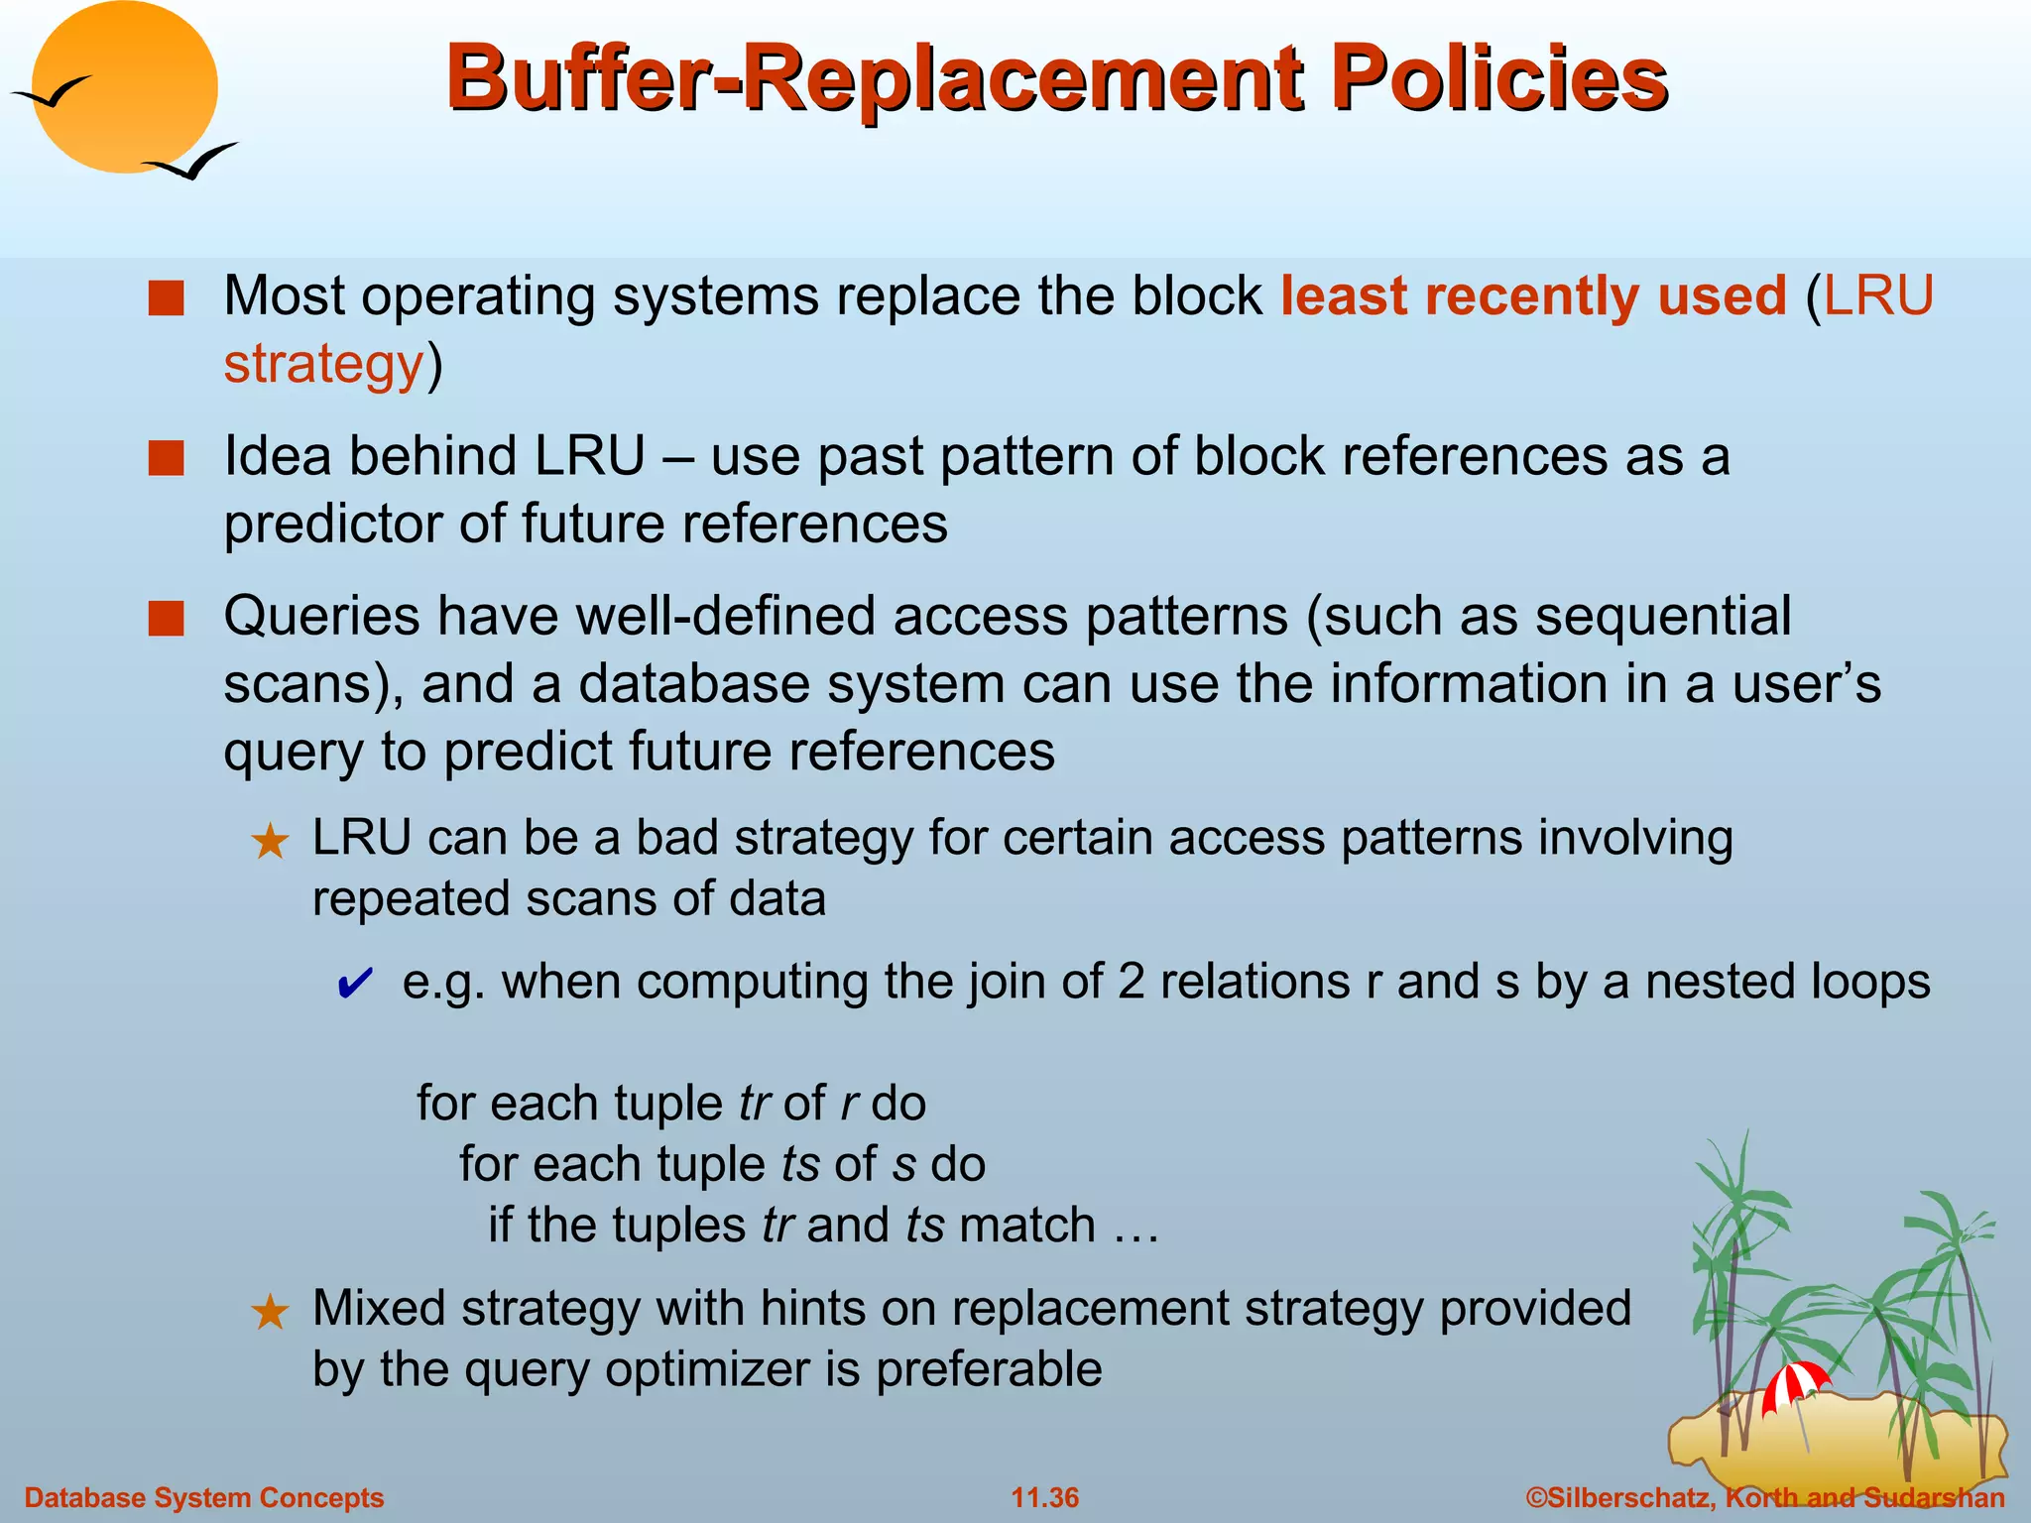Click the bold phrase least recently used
[1532, 296]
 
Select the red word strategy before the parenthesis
[323, 364]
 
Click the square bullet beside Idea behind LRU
[166, 458]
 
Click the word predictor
[332, 524]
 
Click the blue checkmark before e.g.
[355, 984]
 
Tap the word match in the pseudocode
[1026, 1225]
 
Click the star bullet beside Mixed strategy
[270, 1313]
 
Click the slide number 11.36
[1044, 1497]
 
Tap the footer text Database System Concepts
[203, 1497]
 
